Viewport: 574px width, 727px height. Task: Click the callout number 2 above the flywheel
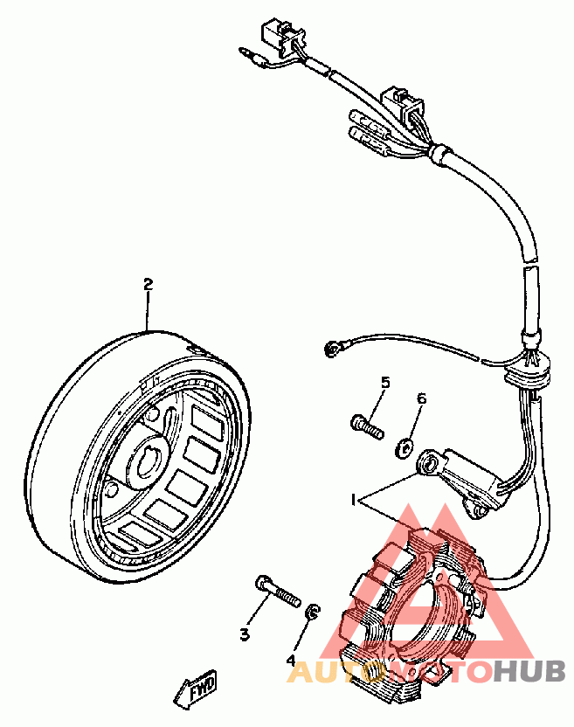pyautogui.click(x=148, y=284)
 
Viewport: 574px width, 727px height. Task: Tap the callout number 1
pyautogui.click(x=353, y=501)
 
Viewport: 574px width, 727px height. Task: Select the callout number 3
pyautogui.click(x=245, y=634)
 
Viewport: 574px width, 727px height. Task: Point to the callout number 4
pyautogui.click(x=291, y=661)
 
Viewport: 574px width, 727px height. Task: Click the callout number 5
pyautogui.click(x=385, y=383)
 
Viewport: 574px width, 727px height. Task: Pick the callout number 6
pyautogui.click(x=421, y=398)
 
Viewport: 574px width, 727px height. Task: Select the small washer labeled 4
pyautogui.click(x=312, y=612)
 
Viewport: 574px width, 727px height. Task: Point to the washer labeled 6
pyautogui.click(x=405, y=447)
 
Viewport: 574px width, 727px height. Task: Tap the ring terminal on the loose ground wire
pyautogui.click(x=332, y=348)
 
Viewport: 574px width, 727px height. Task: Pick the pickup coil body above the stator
pyautogui.click(x=468, y=480)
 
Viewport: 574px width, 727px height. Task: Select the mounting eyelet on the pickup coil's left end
pyautogui.click(x=429, y=463)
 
